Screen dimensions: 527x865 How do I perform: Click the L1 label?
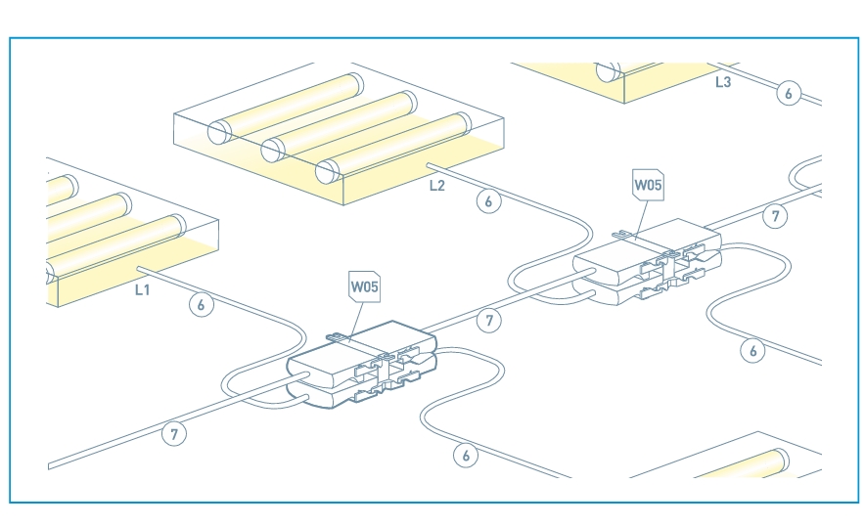143,289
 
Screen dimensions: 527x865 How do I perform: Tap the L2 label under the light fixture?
436,184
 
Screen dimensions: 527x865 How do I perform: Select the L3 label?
722,83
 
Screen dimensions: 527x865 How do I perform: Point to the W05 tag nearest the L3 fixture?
648,184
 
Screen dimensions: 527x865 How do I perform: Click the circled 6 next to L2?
488,201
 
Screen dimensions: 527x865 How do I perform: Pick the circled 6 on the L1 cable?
201,305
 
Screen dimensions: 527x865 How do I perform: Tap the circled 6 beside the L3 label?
789,93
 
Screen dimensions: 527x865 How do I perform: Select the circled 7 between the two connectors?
487,319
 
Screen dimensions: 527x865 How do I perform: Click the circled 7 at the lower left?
173,434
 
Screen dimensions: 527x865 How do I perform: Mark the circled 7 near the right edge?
775,216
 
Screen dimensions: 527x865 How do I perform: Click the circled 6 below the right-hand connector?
751,350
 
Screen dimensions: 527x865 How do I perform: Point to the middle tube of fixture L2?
342,121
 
